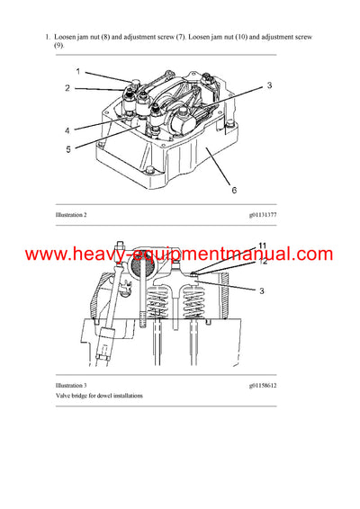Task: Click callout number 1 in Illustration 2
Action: tap(77, 70)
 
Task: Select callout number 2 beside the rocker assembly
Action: tap(67, 88)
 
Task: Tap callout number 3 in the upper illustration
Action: tap(268, 85)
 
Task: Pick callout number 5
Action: tap(67, 149)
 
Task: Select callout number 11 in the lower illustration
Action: tap(263, 246)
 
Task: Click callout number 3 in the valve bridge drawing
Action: tap(263, 291)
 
